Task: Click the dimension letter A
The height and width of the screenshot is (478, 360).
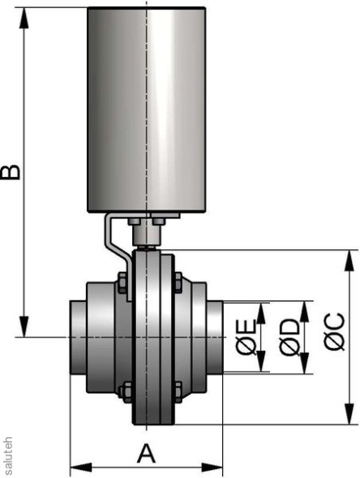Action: click(x=146, y=450)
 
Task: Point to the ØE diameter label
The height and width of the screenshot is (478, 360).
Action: click(x=246, y=337)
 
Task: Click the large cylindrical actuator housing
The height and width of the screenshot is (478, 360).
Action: click(x=146, y=110)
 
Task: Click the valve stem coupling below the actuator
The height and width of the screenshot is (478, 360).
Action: click(x=147, y=236)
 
